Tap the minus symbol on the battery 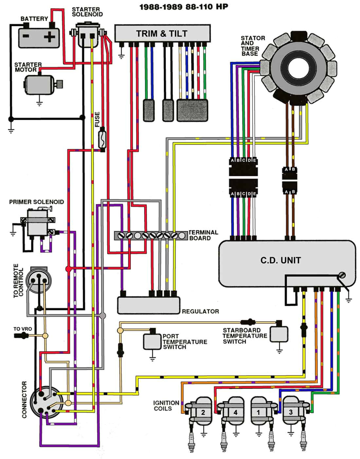click(x=26, y=36)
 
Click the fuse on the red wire click(x=102, y=139)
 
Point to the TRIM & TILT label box click(x=162, y=33)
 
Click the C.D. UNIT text click(x=280, y=260)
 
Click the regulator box click(x=149, y=305)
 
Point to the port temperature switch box click(x=152, y=341)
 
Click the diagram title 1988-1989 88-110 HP click(x=184, y=7)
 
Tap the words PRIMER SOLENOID click(x=36, y=202)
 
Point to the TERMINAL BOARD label click(x=203, y=235)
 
